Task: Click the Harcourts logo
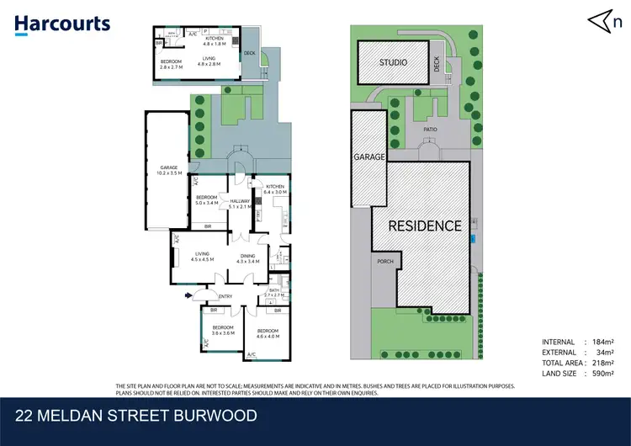(x=62, y=23)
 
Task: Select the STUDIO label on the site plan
(x=393, y=63)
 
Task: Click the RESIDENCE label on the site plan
(x=424, y=226)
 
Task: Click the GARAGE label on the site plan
(x=369, y=157)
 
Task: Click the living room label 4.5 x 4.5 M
(x=201, y=257)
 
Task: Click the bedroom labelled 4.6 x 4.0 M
(x=268, y=333)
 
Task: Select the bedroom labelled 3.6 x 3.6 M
(x=222, y=330)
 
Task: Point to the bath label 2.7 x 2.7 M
(x=275, y=293)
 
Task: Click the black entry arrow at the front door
(x=188, y=295)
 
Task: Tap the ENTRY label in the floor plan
(x=225, y=296)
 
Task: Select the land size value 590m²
(x=602, y=373)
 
